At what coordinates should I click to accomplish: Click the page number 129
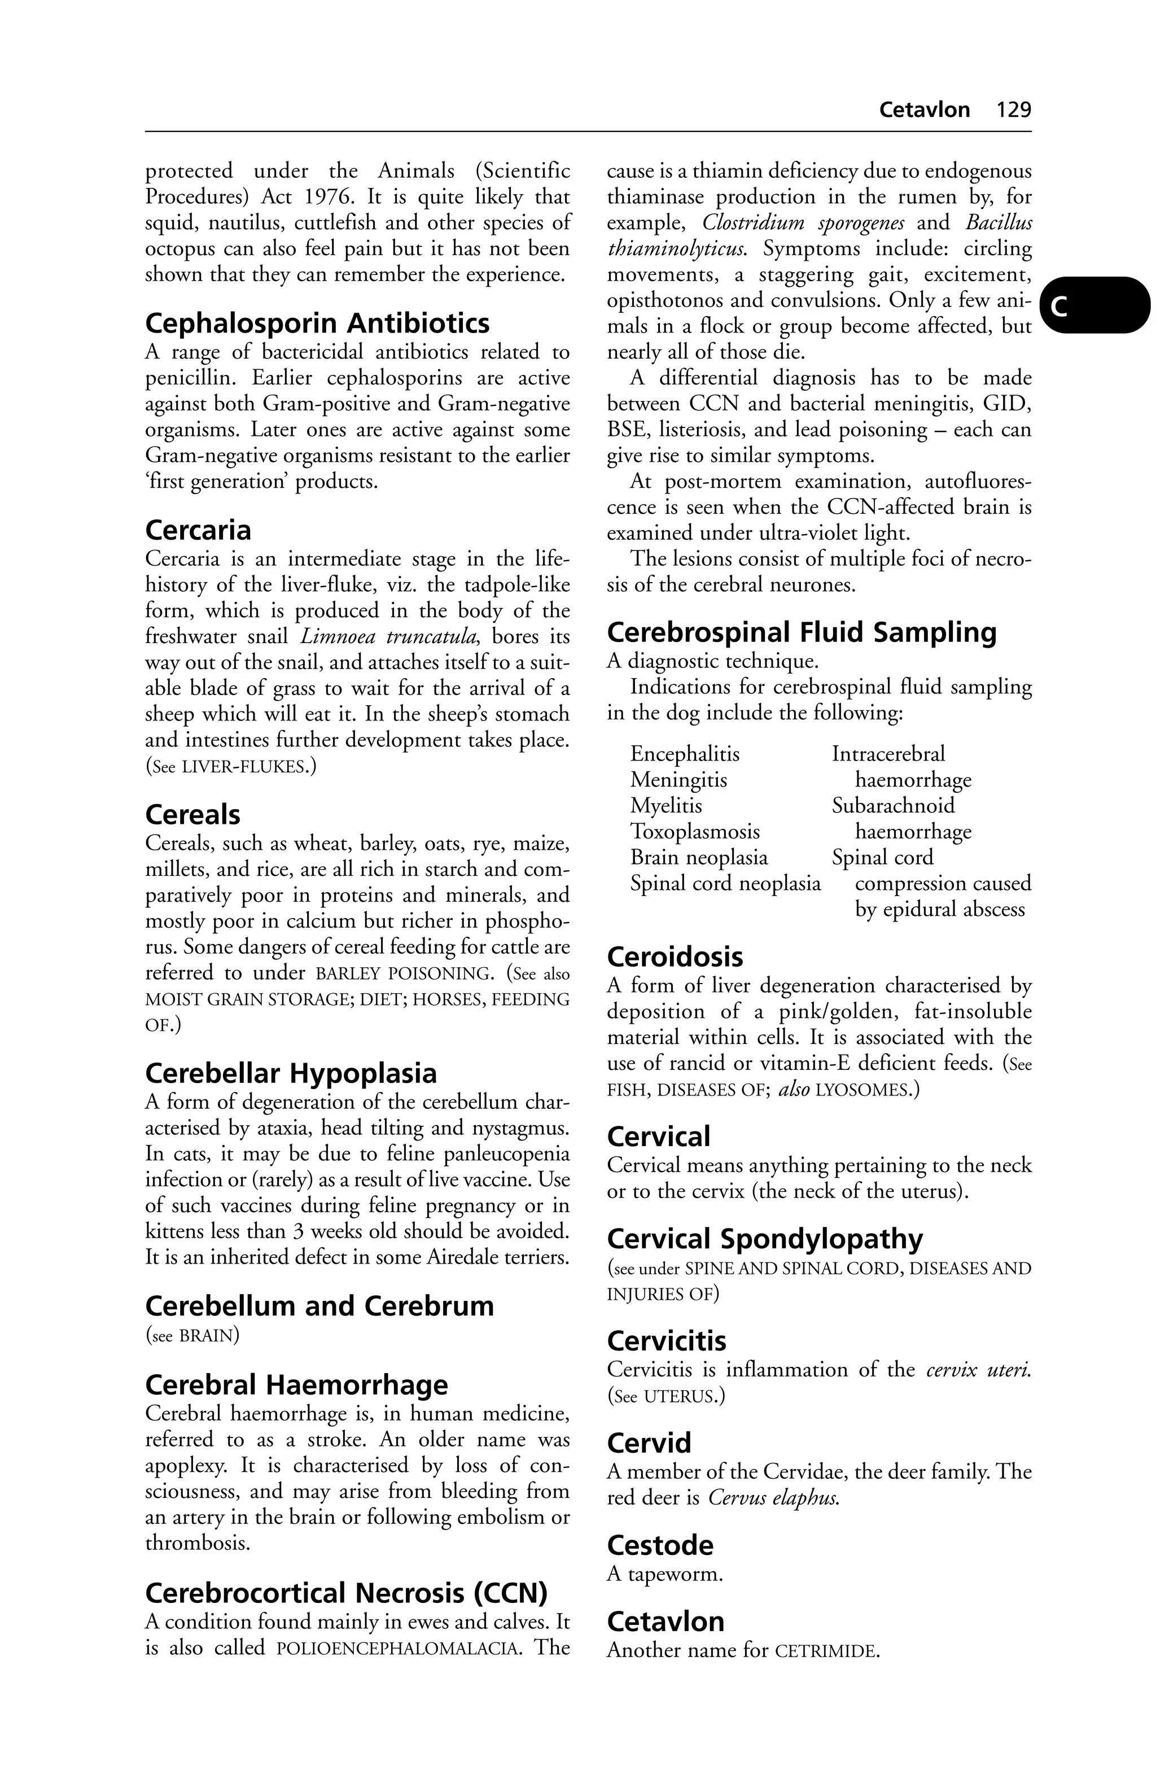(x=1013, y=110)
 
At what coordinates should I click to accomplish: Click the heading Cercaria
(x=198, y=531)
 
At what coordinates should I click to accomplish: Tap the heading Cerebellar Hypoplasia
(x=291, y=1074)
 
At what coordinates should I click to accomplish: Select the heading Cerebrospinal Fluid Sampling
(x=801, y=633)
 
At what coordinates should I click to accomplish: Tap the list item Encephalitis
(x=685, y=754)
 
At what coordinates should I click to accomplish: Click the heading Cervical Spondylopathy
(x=764, y=1239)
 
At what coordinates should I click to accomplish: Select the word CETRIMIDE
(x=825, y=1652)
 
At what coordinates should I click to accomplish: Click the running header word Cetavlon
(x=924, y=110)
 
